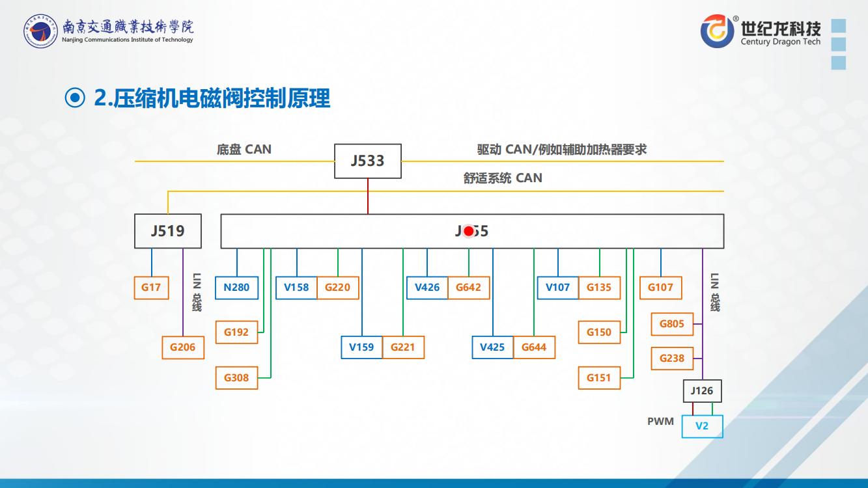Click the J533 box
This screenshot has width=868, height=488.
368,161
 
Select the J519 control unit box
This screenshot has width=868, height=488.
168,230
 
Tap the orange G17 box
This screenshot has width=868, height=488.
151,288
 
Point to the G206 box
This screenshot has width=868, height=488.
182,347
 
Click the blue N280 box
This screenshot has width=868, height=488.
236,288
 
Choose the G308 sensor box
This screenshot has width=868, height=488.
236,377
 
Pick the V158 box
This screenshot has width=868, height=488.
296,288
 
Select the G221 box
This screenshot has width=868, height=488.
402,347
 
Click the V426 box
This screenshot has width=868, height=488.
427,288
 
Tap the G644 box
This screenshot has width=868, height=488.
534,347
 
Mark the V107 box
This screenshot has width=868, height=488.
557,288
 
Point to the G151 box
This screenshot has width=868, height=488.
598,377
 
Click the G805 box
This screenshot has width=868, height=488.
672,323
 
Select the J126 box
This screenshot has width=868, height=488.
702,391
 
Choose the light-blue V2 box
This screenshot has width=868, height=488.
702,426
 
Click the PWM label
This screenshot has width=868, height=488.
660,422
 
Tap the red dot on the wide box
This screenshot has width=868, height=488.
468,231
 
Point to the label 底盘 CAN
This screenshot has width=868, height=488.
244,150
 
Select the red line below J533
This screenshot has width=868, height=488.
368,196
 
